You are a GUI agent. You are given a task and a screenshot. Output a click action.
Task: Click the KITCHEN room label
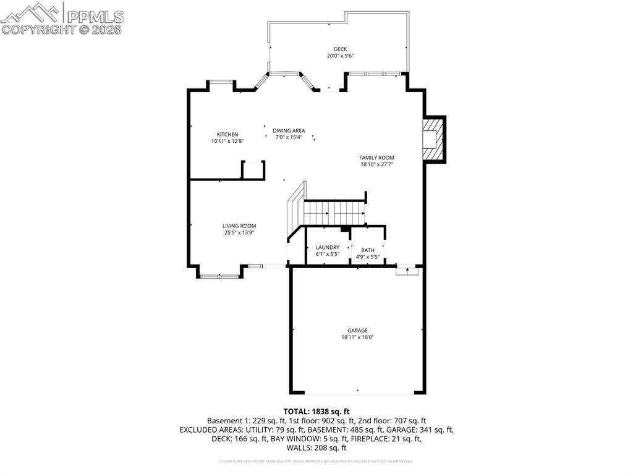pos(227,134)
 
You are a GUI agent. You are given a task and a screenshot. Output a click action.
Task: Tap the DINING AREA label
pos(289,130)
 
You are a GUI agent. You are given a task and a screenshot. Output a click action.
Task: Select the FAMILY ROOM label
pos(376,158)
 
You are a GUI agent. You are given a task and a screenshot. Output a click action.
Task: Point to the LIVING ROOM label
pos(239,226)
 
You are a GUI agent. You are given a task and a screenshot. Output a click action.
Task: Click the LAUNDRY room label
pos(327,247)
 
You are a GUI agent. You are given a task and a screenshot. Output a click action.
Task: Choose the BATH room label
pos(368,250)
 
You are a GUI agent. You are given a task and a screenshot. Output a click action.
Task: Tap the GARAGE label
pos(357,331)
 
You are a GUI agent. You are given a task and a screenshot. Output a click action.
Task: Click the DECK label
pos(340,49)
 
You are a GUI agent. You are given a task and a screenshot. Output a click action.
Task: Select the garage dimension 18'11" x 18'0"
pos(357,337)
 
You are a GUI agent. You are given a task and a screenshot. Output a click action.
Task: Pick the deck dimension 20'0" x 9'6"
pos(340,56)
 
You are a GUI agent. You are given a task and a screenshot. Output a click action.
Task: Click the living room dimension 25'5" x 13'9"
pos(239,233)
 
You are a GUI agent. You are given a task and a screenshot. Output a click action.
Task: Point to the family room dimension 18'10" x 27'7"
pos(376,164)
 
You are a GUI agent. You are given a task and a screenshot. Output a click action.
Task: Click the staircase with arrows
pos(334,213)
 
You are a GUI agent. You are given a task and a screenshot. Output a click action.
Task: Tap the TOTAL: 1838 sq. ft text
pos(316,411)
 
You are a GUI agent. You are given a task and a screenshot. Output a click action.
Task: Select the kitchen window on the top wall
pos(220,82)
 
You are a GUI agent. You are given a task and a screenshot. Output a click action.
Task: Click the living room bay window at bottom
pos(218,276)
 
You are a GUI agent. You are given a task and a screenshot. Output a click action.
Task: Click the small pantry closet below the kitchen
pos(253,170)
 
